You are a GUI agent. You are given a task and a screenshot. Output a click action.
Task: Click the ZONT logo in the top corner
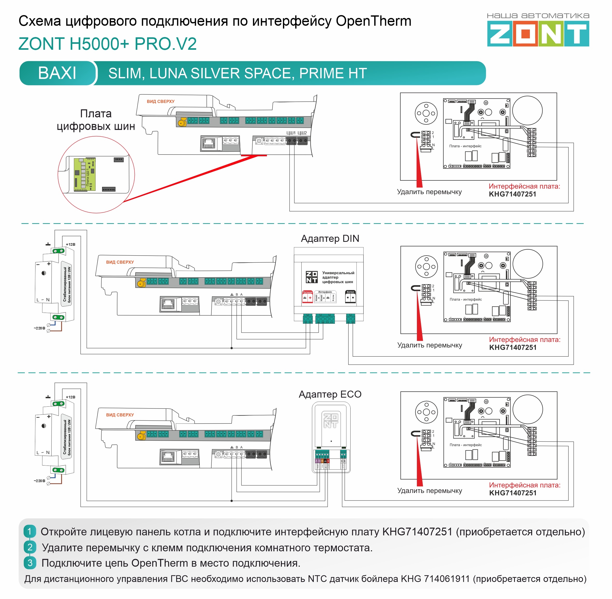tap(538, 34)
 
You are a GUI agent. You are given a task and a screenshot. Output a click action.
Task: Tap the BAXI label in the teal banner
tap(57, 73)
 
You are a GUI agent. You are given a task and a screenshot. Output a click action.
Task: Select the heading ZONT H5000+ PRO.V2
tap(108, 44)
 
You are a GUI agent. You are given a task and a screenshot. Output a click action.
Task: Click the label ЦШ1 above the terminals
tap(291, 133)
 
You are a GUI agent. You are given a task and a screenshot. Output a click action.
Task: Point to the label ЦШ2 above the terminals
tap(302, 133)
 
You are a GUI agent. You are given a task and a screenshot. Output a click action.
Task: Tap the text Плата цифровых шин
tap(96, 120)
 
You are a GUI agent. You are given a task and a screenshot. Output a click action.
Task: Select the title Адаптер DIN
tap(330, 238)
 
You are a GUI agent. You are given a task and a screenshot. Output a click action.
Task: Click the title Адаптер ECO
tap(330, 394)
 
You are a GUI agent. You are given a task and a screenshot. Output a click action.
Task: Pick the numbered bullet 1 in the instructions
tap(30, 532)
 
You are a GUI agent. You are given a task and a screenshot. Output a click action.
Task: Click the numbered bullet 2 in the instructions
tap(30, 547)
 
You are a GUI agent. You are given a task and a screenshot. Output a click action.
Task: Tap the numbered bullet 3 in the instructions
tap(30, 563)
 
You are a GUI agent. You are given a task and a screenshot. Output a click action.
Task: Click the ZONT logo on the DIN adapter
tap(311, 277)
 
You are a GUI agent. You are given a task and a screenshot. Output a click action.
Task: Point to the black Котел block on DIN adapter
tap(350, 297)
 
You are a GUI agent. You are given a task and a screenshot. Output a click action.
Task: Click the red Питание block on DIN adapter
tap(307, 297)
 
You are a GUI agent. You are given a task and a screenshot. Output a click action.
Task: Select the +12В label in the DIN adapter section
tap(70, 244)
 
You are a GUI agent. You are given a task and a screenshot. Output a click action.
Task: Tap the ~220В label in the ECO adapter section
tap(39, 481)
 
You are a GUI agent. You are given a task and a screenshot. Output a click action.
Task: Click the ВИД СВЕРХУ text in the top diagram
tap(160, 102)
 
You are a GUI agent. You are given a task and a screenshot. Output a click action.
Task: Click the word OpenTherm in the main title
tap(374, 21)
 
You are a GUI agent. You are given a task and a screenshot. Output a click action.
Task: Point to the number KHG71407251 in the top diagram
tap(512, 194)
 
